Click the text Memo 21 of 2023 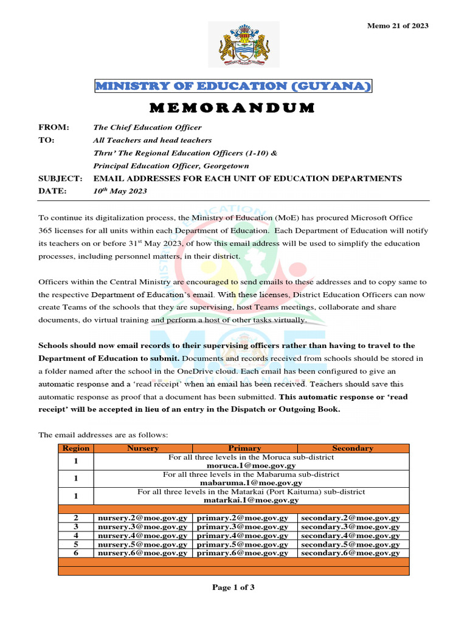pyautogui.click(x=398, y=26)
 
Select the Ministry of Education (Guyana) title pyautogui.click(x=233, y=86)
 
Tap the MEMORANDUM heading pyautogui.click(x=233, y=108)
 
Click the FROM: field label pyautogui.click(x=54, y=128)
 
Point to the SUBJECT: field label pyautogui.click(x=60, y=178)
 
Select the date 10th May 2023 pyautogui.click(x=120, y=191)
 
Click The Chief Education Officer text pyautogui.click(x=147, y=128)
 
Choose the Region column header pyautogui.click(x=76, y=448)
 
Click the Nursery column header pyautogui.click(x=143, y=448)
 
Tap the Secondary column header pyautogui.click(x=353, y=448)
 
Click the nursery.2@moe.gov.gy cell pyautogui.click(x=143, y=518)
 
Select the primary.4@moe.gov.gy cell pyautogui.click(x=243, y=536)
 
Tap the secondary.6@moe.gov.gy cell pyautogui.click(x=350, y=553)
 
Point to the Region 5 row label pyautogui.click(x=76, y=544)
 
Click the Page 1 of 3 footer pyautogui.click(x=233, y=587)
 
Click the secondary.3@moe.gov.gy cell pyautogui.click(x=350, y=527)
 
